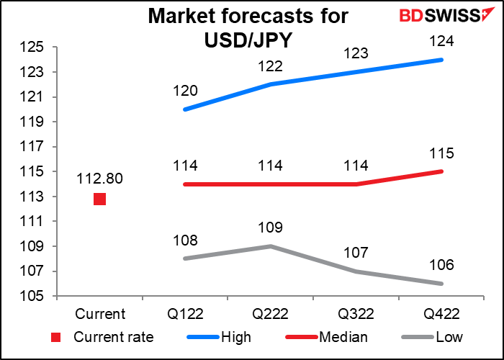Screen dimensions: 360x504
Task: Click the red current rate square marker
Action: pyautogui.click(x=99, y=199)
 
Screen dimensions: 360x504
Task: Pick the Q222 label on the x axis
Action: pyautogui.click(x=269, y=314)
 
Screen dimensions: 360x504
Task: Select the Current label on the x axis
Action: pyautogui.click(x=99, y=314)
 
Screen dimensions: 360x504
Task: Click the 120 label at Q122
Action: pyautogui.click(x=185, y=91)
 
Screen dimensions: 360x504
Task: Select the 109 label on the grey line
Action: pyautogui.click(x=270, y=228)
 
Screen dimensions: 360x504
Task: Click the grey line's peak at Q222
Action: pyautogui.click(x=270, y=246)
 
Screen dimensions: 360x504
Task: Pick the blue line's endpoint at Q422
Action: pyautogui.click(x=441, y=60)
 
